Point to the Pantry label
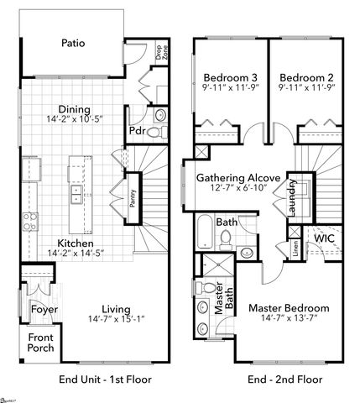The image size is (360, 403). pos(132,198)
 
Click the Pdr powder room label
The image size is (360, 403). pos(137,131)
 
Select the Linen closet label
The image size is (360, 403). pos(296,249)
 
